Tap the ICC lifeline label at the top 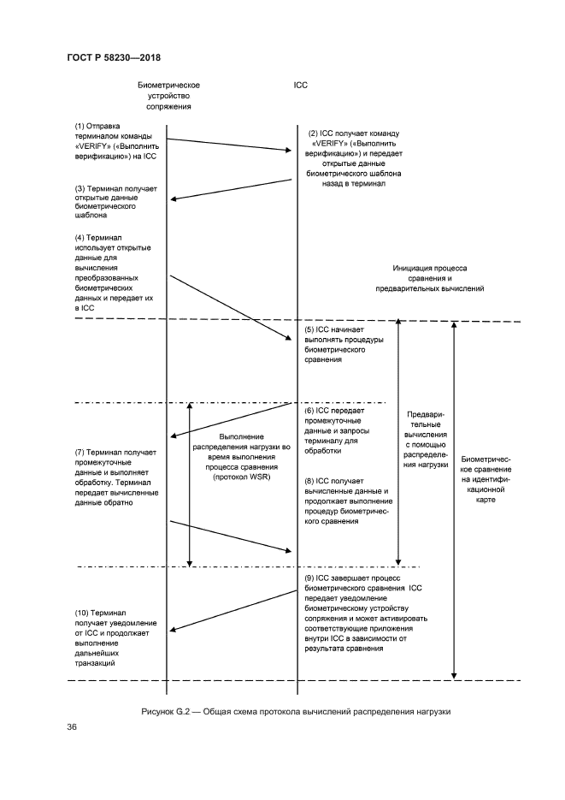coord(300,86)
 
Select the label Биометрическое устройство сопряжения coord(168,96)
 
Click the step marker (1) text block coord(109,142)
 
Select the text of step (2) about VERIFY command coord(355,158)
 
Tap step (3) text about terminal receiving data coord(108,202)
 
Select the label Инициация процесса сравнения coord(430,279)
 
